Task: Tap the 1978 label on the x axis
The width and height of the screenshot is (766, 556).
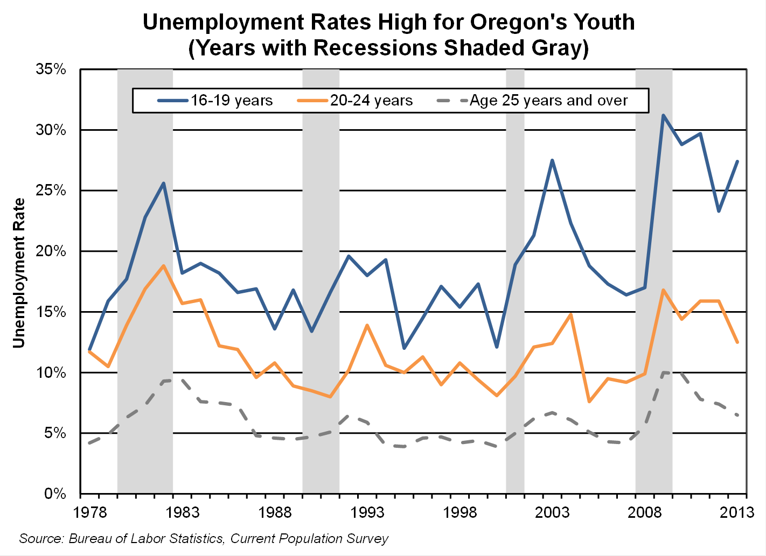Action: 89,512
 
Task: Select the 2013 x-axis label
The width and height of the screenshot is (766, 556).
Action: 737,512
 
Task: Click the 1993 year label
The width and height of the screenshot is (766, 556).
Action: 368,512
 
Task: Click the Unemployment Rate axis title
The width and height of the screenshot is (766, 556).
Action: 19,273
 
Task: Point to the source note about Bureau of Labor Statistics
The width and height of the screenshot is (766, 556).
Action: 204,539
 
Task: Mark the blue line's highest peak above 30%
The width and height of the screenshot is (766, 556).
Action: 663,115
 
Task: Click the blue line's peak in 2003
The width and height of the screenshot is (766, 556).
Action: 552,160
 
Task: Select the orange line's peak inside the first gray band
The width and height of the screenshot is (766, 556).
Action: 164,266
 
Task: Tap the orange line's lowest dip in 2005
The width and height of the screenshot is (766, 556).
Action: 589,402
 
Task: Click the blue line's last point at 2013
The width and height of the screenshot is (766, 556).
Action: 737,161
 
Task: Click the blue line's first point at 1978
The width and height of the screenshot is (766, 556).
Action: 89,349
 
